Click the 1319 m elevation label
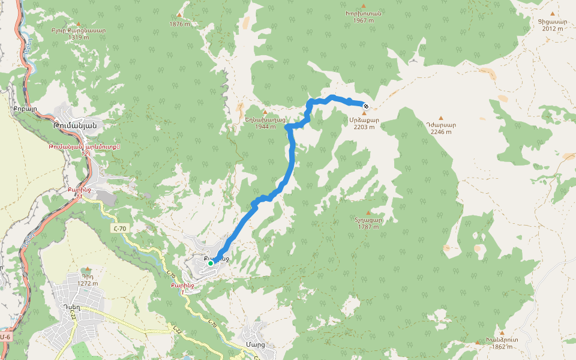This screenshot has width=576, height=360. point(79,37)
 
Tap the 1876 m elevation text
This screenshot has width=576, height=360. point(179,24)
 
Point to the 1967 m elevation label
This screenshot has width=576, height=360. point(364,20)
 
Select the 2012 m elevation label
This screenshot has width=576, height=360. point(553,29)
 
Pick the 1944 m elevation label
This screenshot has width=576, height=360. point(265,127)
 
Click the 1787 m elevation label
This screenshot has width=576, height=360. point(368,227)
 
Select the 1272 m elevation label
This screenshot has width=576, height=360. point(88,283)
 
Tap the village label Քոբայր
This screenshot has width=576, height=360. point(25,110)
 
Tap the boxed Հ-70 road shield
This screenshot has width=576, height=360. point(119,229)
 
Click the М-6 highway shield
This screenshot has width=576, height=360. point(5,337)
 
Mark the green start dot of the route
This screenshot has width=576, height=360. point(211,263)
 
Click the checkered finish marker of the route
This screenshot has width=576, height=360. point(366,106)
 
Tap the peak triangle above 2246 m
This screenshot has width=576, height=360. point(441,118)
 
